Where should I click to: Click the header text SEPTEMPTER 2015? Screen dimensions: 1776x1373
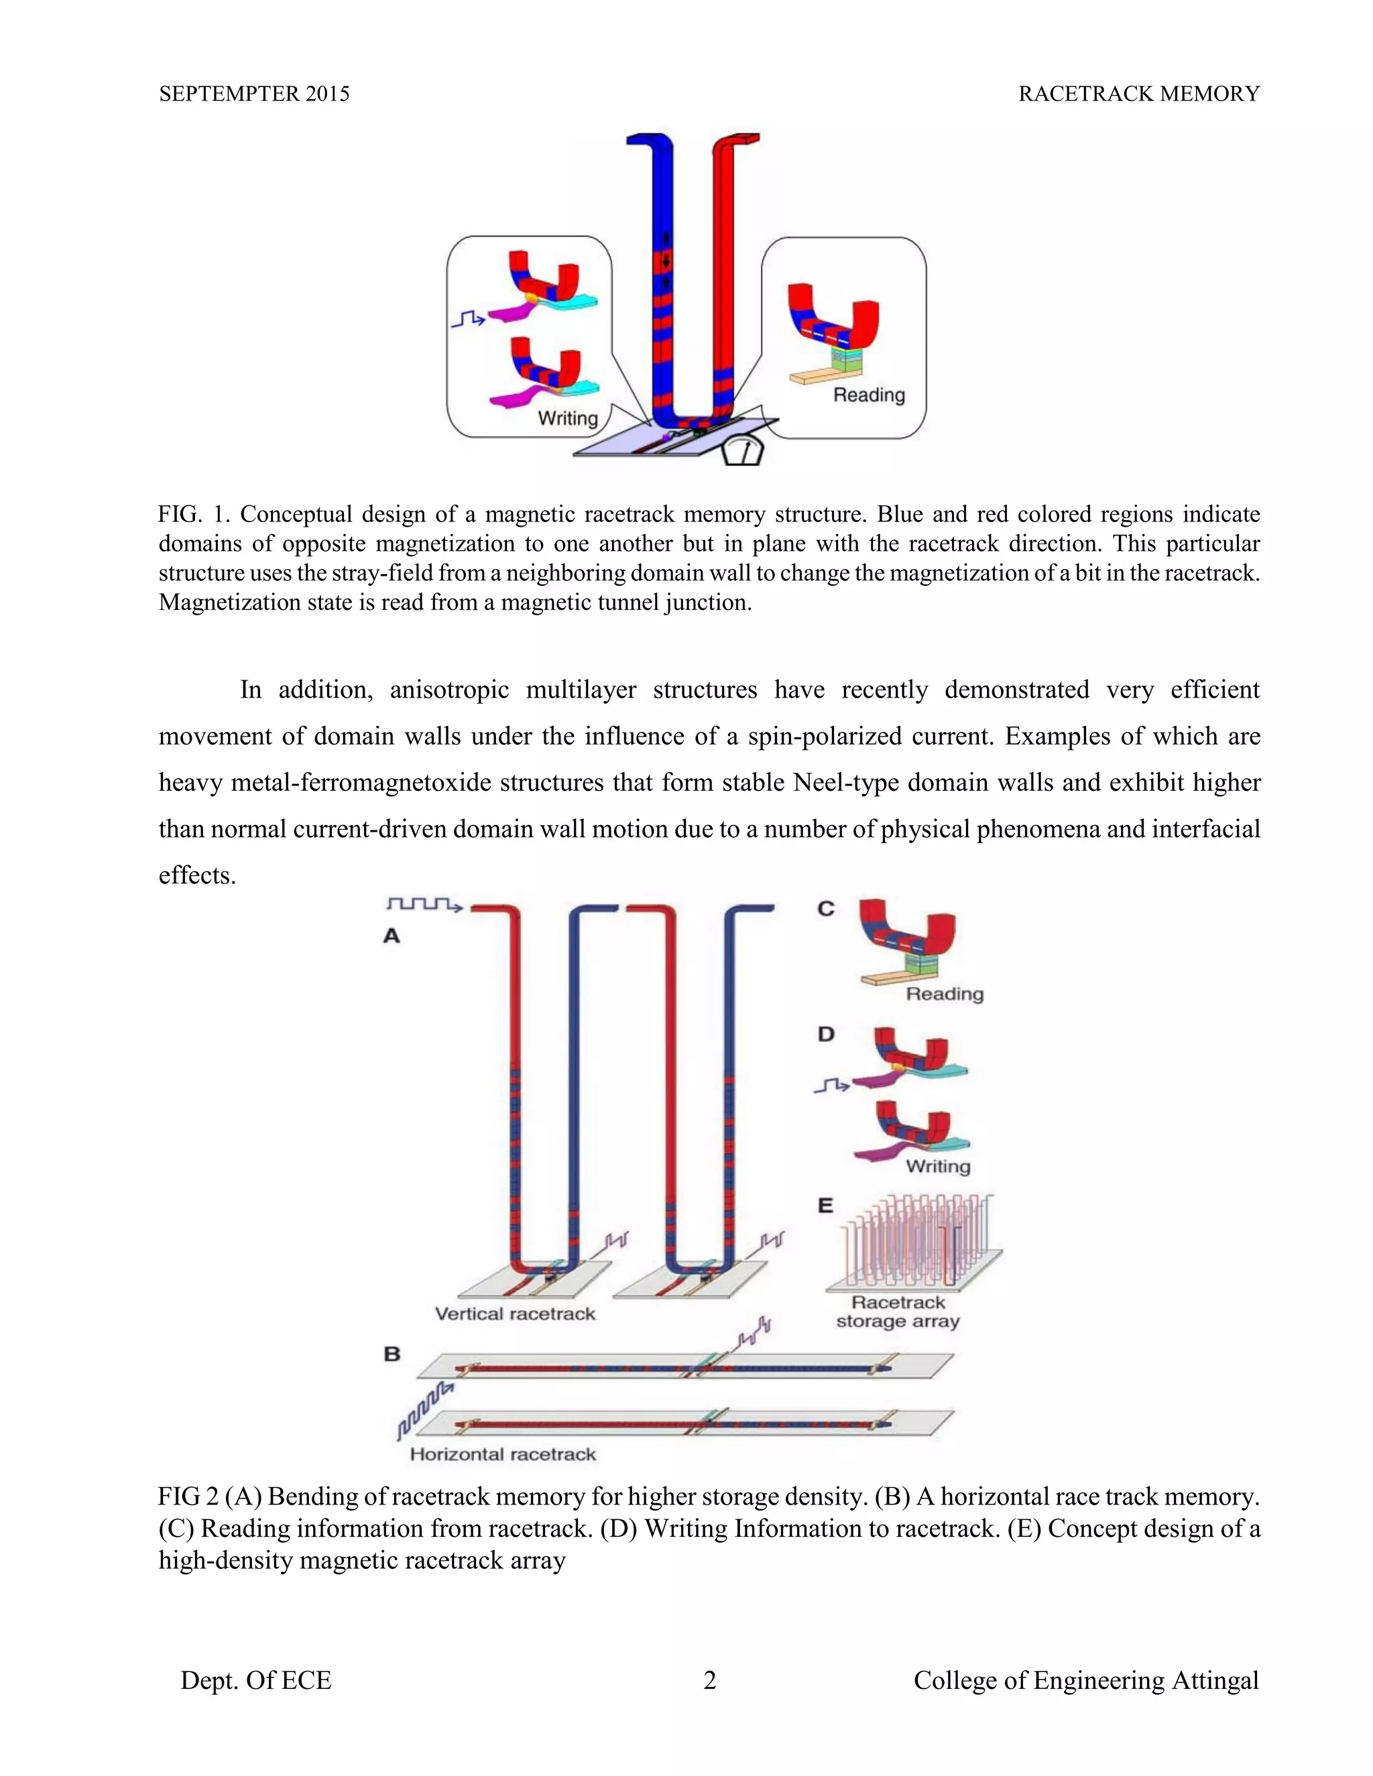point(254,94)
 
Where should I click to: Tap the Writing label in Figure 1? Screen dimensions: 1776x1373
point(568,418)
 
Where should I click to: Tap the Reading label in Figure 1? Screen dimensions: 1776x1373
point(869,395)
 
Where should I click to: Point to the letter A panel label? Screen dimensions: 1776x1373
point(392,936)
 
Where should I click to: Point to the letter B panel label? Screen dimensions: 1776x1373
point(392,1354)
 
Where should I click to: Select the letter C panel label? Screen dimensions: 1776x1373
point(825,908)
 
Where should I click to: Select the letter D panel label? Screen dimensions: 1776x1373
point(825,1034)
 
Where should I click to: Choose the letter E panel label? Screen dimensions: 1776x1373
point(825,1205)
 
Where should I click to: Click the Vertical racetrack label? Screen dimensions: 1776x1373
point(515,1314)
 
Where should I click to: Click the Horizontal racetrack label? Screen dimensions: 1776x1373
point(503,1454)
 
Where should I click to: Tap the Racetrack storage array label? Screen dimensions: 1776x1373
point(898,1312)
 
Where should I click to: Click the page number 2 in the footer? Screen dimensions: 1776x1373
point(709,1680)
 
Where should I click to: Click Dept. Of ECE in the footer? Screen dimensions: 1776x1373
point(255,1680)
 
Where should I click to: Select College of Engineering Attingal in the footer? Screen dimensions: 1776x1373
point(1085,1680)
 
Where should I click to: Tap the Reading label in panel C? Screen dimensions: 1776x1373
point(945,994)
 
